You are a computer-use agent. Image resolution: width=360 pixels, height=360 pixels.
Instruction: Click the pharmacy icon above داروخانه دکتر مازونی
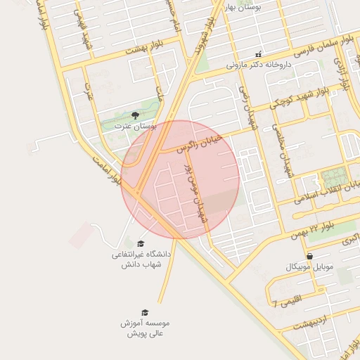258,53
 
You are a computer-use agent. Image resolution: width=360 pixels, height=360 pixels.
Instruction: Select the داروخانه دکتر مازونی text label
258,64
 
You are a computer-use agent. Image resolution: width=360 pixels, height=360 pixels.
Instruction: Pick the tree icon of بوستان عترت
135,115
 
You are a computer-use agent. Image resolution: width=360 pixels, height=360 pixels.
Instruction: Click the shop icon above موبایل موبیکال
309,256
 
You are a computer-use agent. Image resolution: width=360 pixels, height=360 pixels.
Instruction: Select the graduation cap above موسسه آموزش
145,312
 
